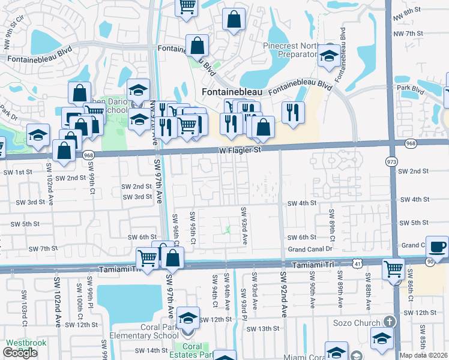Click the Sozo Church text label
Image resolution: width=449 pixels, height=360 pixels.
(x=355, y=323)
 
